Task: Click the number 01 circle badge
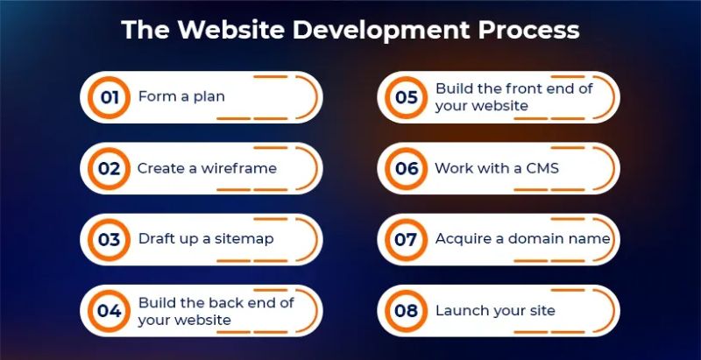(109, 97)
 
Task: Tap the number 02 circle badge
(109, 168)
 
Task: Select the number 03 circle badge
(109, 239)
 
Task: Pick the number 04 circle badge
(109, 311)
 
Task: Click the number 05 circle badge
(406, 97)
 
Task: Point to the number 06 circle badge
(406, 168)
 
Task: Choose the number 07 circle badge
(406, 239)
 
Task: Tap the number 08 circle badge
(406, 311)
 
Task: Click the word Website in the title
(217, 30)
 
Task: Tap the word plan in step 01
(209, 97)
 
